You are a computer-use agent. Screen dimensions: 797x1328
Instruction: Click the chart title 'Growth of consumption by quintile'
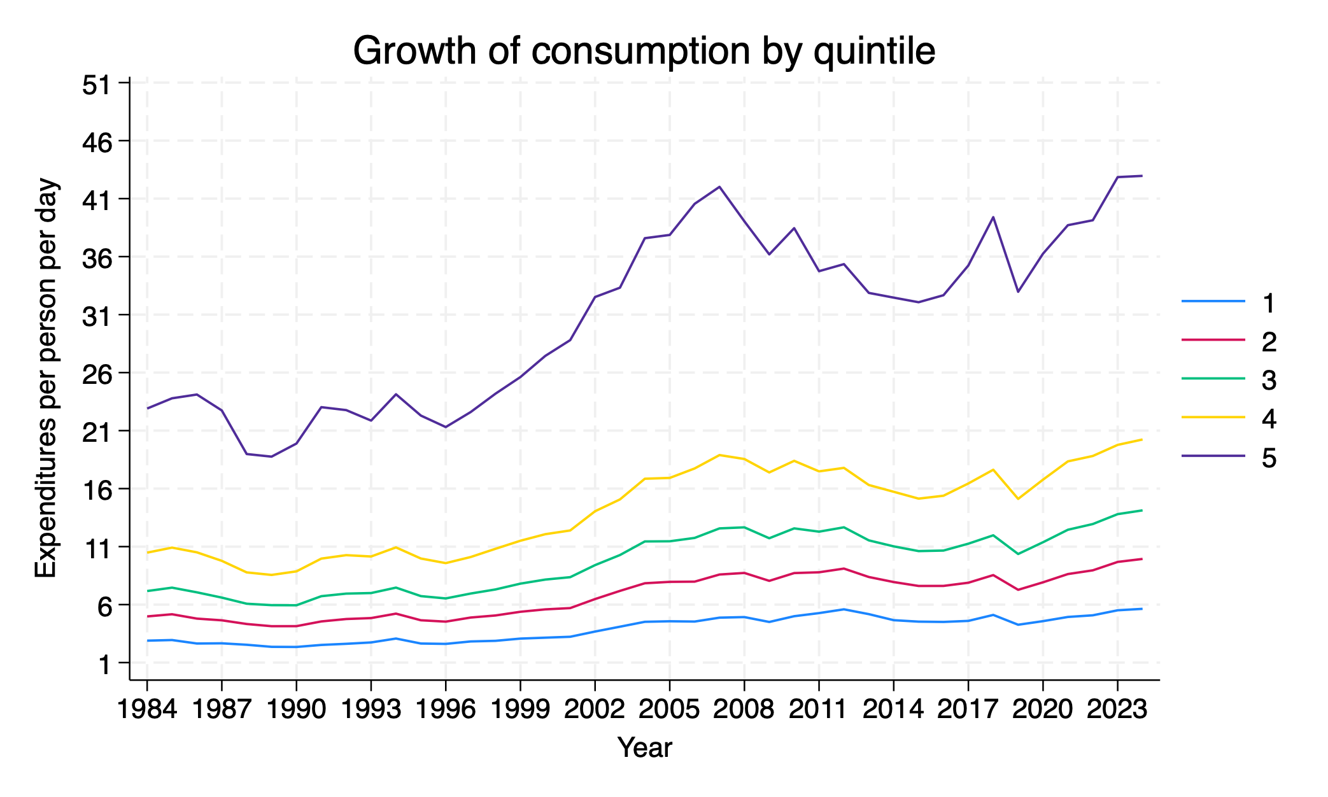click(644, 51)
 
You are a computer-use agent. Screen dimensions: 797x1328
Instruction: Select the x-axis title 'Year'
click(644, 747)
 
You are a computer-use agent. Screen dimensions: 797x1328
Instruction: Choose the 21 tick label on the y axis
click(97, 432)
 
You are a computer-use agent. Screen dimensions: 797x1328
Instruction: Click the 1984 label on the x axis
click(147, 709)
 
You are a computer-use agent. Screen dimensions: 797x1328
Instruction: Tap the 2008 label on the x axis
click(744, 709)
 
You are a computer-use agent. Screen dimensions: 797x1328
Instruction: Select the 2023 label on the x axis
click(1117, 709)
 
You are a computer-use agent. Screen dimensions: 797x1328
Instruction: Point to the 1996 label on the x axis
click(446, 709)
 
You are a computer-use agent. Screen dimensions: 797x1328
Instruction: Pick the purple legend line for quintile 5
click(1213, 456)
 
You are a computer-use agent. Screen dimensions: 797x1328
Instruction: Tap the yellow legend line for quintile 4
click(1213, 418)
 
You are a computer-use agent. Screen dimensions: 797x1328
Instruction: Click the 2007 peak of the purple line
click(719, 187)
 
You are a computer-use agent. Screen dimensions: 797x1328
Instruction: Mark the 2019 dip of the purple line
click(1018, 292)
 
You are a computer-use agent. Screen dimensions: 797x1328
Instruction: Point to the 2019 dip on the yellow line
click(1018, 498)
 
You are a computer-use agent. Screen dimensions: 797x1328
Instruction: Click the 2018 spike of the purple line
click(993, 217)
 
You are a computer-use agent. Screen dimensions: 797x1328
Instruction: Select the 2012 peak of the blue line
click(844, 609)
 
